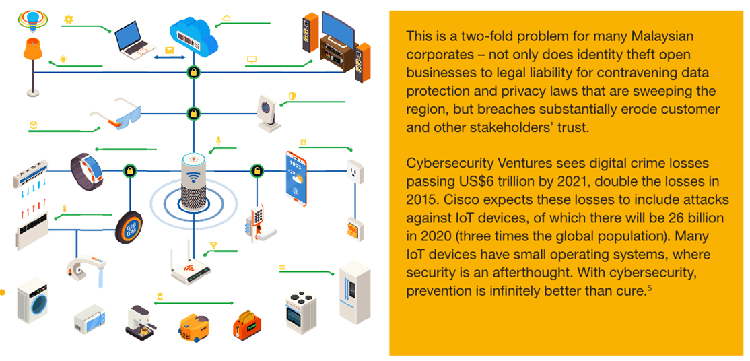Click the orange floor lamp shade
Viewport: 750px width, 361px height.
click(x=32, y=49)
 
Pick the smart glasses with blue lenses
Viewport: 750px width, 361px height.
click(x=121, y=115)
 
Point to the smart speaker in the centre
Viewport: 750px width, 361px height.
click(x=193, y=180)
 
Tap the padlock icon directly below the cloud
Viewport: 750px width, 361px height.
click(x=194, y=72)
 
